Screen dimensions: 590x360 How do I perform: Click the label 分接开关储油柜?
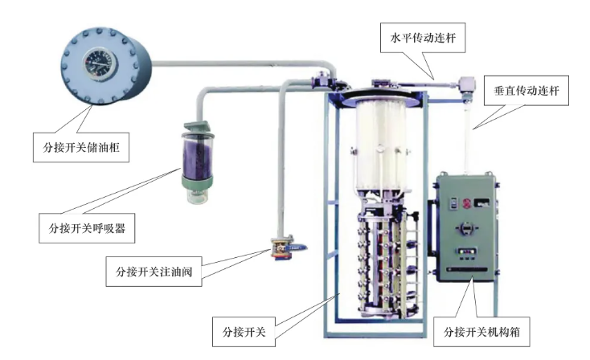click(x=81, y=147)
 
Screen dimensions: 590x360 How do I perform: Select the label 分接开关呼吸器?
click(x=87, y=228)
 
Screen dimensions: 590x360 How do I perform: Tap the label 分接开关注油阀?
click(x=154, y=272)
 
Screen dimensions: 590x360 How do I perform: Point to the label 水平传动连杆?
click(x=423, y=38)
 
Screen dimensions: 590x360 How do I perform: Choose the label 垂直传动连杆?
click(x=526, y=90)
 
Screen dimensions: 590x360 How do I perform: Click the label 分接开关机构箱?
click(x=481, y=332)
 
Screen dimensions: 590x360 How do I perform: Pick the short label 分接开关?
click(x=244, y=332)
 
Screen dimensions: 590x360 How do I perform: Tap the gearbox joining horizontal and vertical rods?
click(x=466, y=84)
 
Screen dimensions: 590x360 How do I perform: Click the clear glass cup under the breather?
click(x=198, y=196)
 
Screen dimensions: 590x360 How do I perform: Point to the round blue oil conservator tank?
click(x=106, y=65)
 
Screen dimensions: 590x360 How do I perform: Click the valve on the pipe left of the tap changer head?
click(x=322, y=80)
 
